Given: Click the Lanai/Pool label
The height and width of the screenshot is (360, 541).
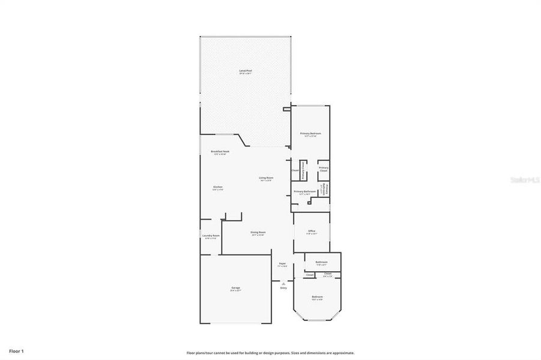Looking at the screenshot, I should (246, 71).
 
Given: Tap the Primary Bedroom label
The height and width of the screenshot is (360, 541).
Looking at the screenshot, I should (310, 133).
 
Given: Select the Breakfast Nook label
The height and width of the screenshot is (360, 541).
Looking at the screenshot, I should (220, 151).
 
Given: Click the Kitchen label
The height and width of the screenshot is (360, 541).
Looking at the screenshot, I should (218, 187).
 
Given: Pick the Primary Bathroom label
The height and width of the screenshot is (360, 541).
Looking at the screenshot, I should (305, 191).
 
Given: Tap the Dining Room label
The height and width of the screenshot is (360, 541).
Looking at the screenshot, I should (258, 232).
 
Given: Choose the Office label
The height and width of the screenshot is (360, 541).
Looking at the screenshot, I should (312, 231).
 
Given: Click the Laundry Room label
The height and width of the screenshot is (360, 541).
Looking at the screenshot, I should (211, 236).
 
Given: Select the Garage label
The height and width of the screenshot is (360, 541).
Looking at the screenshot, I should (235, 288).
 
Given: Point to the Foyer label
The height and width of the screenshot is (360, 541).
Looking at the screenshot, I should (282, 263).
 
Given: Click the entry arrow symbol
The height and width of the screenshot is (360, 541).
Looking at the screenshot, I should (283, 283).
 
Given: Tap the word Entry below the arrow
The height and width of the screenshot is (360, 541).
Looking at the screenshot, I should (283, 288).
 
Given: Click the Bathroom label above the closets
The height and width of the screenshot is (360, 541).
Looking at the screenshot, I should (322, 262).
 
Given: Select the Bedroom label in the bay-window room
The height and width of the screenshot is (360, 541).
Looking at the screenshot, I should (317, 297).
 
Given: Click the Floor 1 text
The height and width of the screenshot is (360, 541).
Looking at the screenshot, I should (16, 350).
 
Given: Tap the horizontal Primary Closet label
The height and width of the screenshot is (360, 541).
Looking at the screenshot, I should (323, 169).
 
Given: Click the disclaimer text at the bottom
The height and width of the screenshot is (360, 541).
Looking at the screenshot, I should (270, 353).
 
